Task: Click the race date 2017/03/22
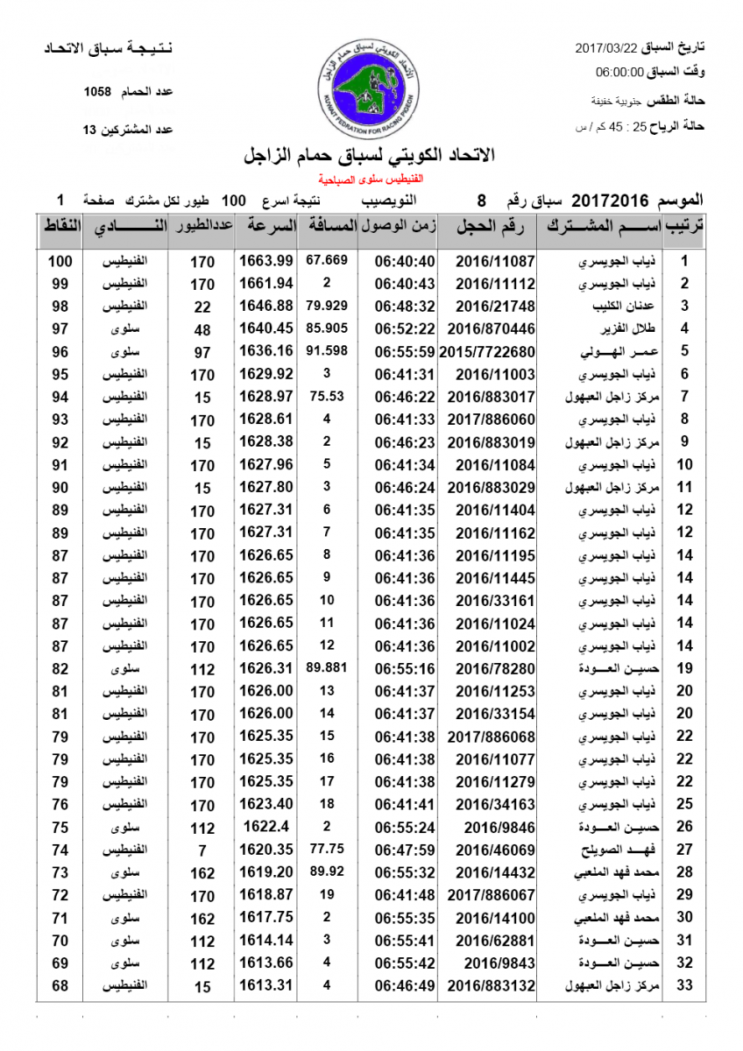click(x=606, y=46)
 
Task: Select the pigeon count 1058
click(x=97, y=92)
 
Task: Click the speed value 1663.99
click(x=265, y=261)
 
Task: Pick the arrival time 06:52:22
click(x=405, y=329)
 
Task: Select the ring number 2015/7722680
click(x=486, y=352)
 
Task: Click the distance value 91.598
click(x=328, y=351)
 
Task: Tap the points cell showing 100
click(x=60, y=261)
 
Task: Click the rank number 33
click(x=686, y=986)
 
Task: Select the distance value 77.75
click(x=327, y=849)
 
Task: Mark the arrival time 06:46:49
click(x=405, y=986)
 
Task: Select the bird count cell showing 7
click(x=202, y=850)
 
